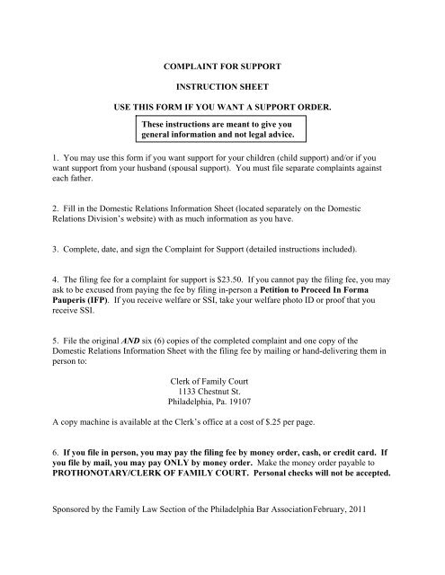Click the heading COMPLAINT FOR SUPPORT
click(222, 67)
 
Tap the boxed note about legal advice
click(222, 128)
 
